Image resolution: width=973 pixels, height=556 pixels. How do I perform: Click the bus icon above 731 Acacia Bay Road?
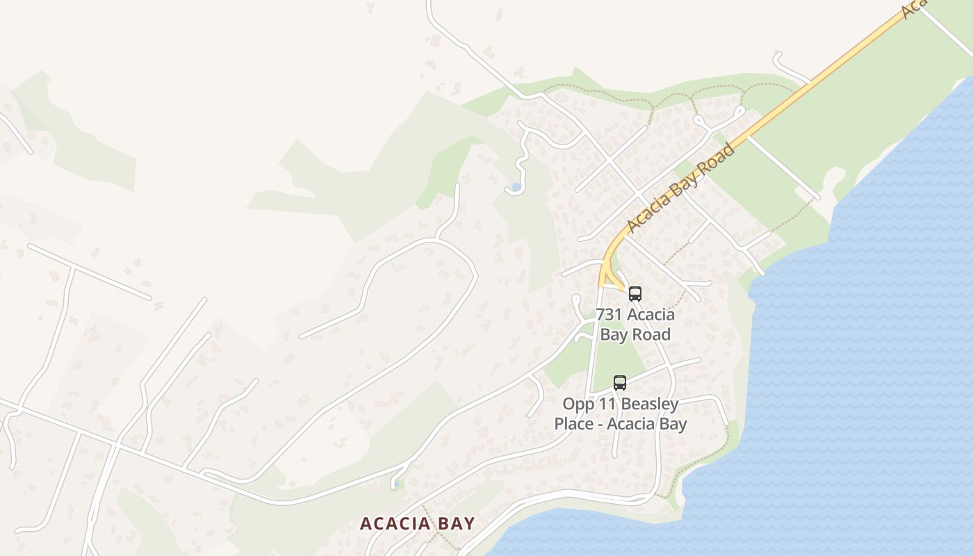tap(635, 293)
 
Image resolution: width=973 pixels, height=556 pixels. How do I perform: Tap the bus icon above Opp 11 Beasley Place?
tap(620, 382)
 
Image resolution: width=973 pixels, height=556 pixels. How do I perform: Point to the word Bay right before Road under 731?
tap(614, 335)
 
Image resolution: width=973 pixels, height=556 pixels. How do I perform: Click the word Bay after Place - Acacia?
tap(671, 424)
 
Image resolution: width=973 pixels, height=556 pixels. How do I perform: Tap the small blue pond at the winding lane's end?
tap(515, 187)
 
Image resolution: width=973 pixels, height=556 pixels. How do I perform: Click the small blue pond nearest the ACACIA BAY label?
tap(395, 484)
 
